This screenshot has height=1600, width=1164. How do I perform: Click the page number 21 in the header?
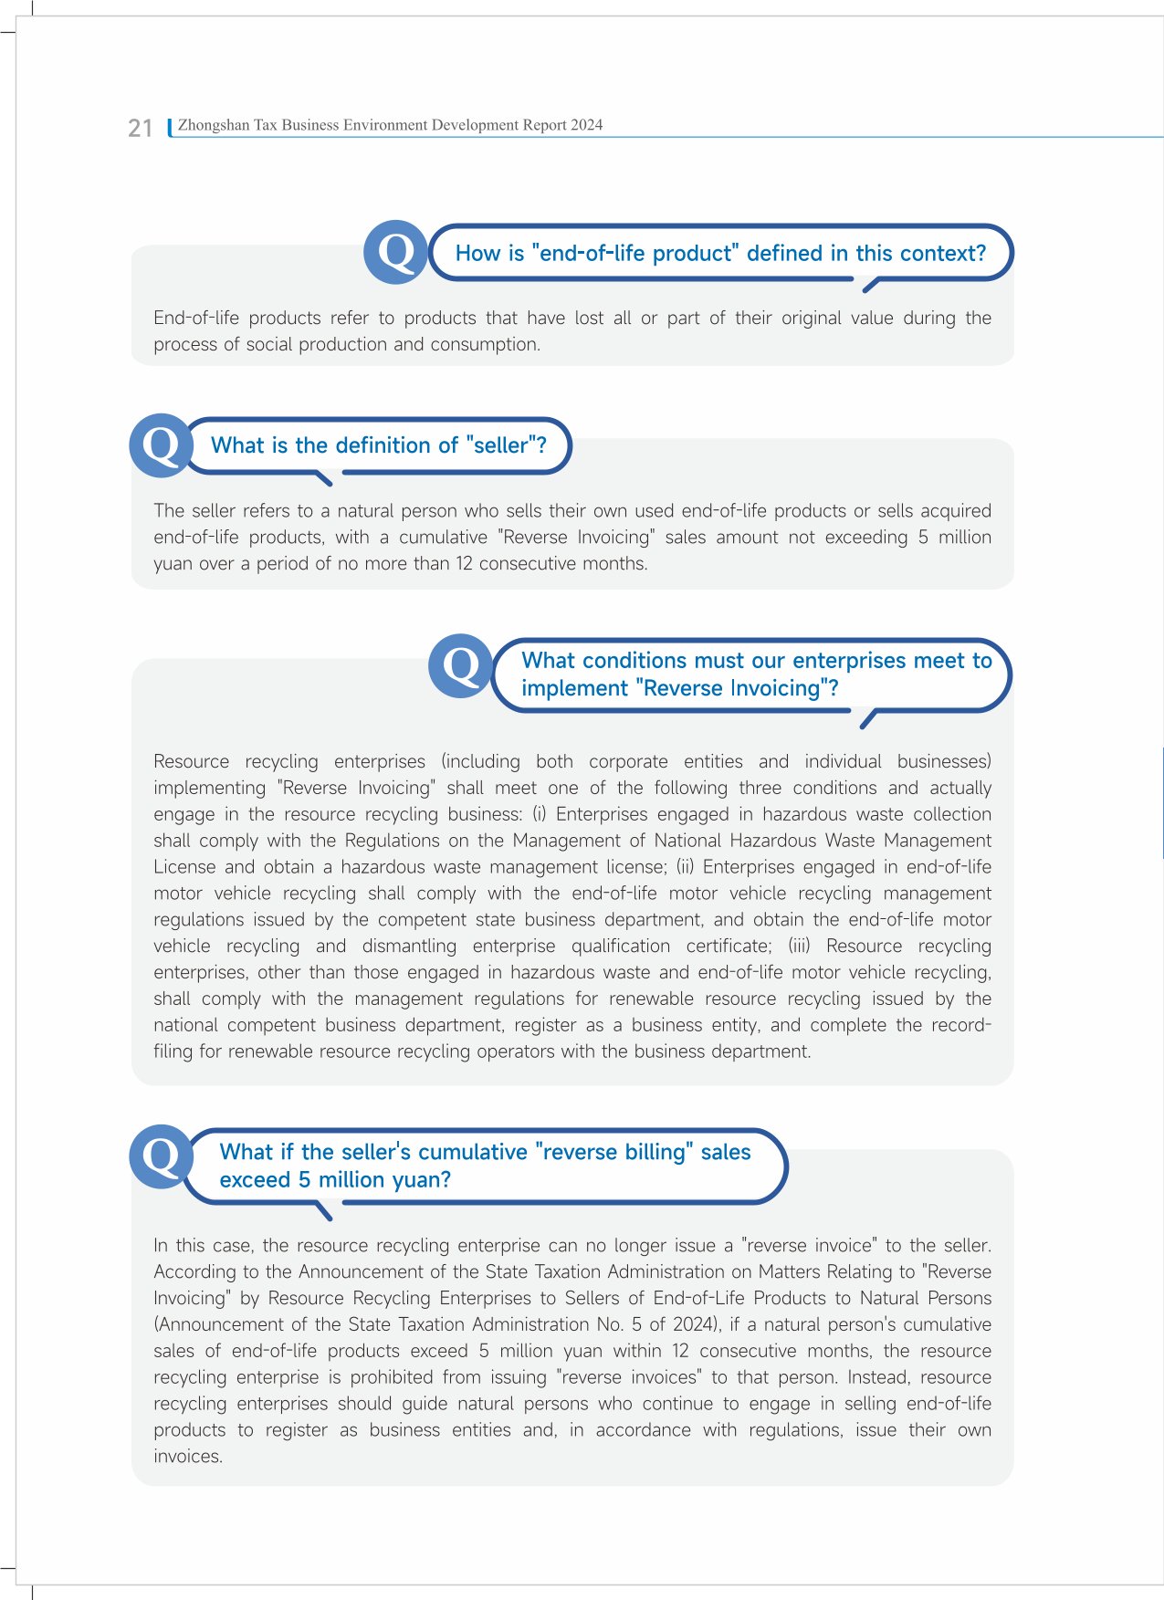click(x=140, y=128)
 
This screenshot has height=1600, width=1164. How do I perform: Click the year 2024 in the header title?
click(x=586, y=125)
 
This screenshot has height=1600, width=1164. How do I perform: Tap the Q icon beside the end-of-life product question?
click(x=395, y=252)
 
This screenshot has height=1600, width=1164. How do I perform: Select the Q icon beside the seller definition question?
click(x=161, y=446)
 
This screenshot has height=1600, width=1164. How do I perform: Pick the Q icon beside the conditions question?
click(x=460, y=666)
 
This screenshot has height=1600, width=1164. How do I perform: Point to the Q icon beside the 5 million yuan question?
click(x=161, y=1156)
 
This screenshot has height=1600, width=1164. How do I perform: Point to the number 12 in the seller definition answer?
click(x=464, y=563)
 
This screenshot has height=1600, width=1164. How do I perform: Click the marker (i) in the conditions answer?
click(x=540, y=814)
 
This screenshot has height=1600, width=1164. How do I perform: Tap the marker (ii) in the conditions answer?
click(x=685, y=867)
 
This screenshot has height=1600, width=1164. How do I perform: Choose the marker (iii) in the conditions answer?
click(x=799, y=946)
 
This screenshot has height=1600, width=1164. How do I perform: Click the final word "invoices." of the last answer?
click(x=187, y=1457)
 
